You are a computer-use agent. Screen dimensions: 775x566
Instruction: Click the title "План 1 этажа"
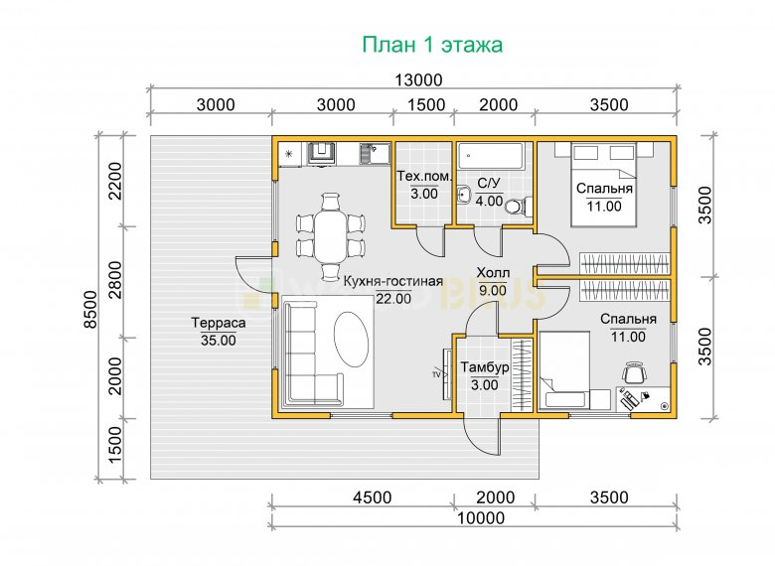(x=432, y=45)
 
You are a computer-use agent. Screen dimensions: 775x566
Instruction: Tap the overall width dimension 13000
(x=418, y=80)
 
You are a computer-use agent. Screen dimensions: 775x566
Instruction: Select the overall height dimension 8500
(x=90, y=309)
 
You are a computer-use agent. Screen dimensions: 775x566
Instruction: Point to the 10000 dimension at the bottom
(x=481, y=518)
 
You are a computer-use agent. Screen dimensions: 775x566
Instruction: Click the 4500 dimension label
(x=373, y=497)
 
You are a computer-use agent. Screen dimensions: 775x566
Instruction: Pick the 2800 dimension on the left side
(x=114, y=280)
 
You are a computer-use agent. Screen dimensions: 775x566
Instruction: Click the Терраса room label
(x=219, y=323)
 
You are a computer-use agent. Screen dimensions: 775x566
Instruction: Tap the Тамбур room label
(x=485, y=367)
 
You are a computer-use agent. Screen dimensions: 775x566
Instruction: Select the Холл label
(x=493, y=273)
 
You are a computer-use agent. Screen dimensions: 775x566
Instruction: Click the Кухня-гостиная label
(x=392, y=282)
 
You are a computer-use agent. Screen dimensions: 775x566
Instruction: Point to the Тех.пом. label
(x=424, y=177)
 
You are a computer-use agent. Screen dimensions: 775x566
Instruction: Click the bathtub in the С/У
(x=490, y=156)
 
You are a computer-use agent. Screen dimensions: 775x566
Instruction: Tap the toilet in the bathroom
(x=519, y=206)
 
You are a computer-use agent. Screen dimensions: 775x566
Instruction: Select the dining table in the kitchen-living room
(x=331, y=237)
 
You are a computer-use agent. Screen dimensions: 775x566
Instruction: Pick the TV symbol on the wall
(x=446, y=374)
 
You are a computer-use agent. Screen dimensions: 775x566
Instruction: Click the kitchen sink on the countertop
(x=368, y=154)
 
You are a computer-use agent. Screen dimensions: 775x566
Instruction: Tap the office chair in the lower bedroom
(x=634, y=372)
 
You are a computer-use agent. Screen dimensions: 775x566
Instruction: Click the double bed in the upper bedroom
(x=603, y=185)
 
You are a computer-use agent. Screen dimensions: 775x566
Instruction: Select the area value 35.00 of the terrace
(x=219, y=341)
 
